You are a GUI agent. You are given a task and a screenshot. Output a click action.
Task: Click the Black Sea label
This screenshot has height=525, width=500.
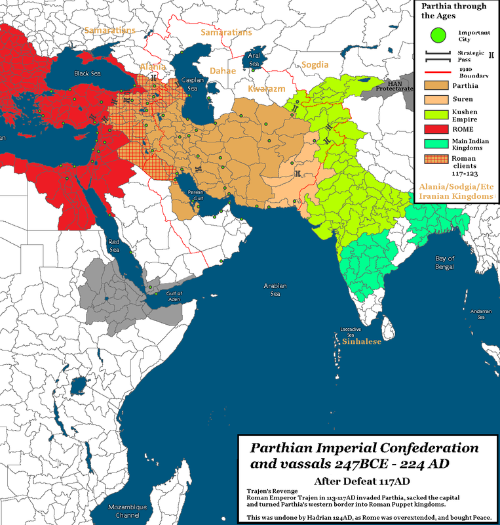click(87, 73)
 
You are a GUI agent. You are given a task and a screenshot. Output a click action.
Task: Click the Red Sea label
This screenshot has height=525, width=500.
click(115, 245)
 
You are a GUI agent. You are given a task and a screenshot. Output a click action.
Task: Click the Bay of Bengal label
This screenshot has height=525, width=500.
click(446, 262)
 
